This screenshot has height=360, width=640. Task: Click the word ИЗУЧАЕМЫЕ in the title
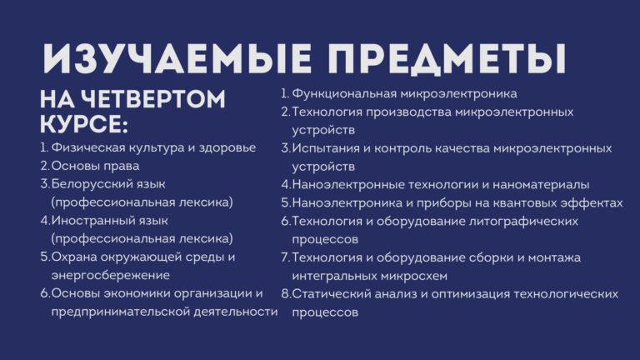[x=177, y=57]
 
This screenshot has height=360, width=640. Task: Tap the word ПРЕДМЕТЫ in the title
[x=447, y=58]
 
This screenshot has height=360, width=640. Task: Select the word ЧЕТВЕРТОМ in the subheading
[x=152, y=99]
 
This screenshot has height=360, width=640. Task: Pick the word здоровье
[x=227, y=147]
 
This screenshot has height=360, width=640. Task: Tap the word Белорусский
[x=108, y=184]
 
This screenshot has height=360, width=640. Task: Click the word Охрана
[x=74, y=257]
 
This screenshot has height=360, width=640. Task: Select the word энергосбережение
[x=111, y=276]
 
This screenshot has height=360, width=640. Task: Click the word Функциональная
[x=344, y=94]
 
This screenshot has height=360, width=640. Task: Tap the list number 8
[x=285, y=294]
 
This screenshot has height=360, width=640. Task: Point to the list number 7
[x=285, y=258]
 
